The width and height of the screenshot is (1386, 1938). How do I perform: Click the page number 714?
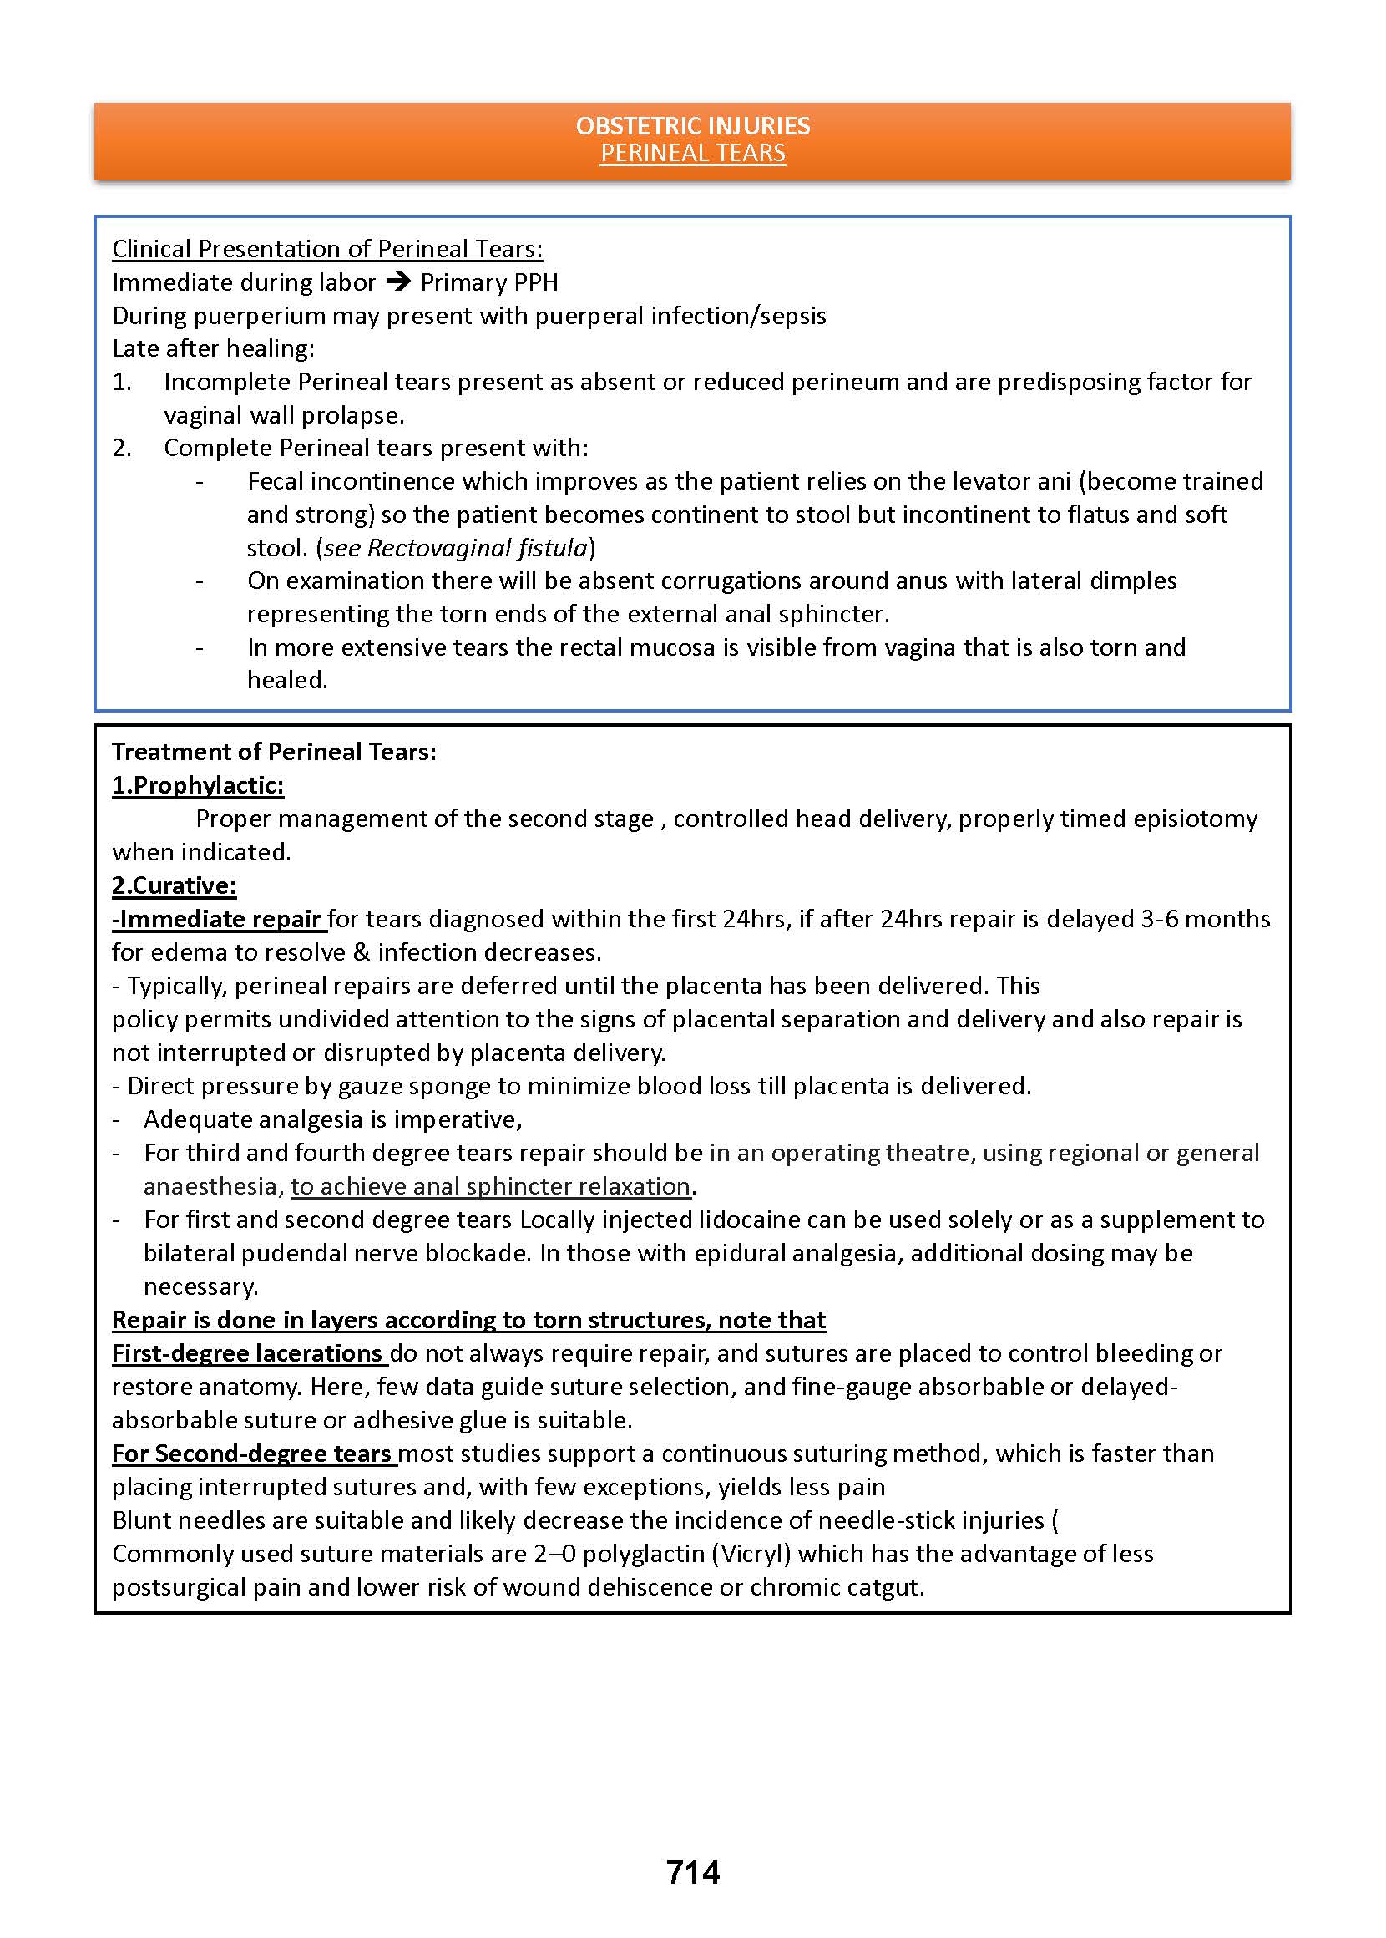(693, 1871)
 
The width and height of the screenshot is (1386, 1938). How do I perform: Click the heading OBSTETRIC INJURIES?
(692, 125)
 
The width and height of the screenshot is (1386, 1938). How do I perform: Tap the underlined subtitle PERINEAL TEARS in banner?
(692, 154)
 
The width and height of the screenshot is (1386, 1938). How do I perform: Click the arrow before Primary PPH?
(397, 282)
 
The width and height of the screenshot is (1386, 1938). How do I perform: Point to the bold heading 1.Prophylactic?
(198, 784)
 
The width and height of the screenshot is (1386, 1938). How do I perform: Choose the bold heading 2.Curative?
(175, 885)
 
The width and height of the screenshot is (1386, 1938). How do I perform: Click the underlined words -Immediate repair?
(219, 919)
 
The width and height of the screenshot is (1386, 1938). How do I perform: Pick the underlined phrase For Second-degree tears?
(253, 1453)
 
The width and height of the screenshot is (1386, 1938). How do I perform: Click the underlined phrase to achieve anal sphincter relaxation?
(490, 1186)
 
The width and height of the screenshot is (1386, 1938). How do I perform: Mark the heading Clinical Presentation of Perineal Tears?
(326, 248)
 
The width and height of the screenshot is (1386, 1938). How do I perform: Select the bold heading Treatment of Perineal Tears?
(274, 751)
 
